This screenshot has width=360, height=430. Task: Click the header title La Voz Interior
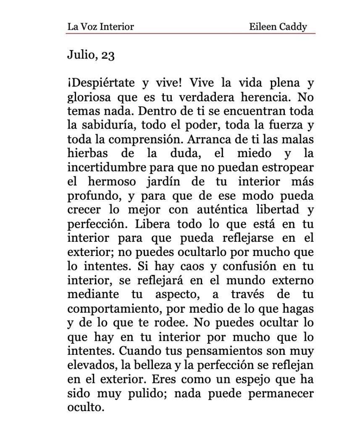click(x=100, y=27)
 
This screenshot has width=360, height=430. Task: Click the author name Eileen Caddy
click(x=278, y=27)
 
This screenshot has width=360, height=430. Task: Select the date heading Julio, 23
click(x=91, y=55)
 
